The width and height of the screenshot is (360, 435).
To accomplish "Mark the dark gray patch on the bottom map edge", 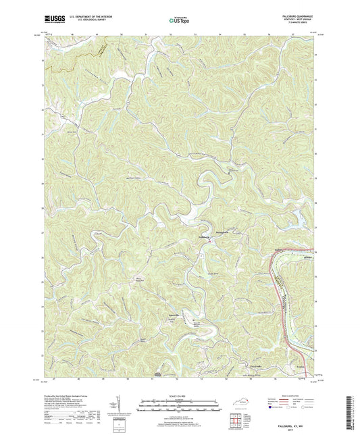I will click(158, 373).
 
